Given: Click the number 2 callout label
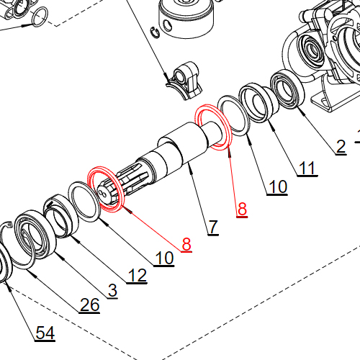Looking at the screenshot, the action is click(x=341, y=146).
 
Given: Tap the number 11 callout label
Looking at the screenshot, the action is click(x=307, y=168).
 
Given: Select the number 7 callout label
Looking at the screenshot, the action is click(x=213, y=227).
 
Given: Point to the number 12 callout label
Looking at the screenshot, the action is click(x=137, y=275).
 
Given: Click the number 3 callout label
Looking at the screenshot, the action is click(x=112, y=290).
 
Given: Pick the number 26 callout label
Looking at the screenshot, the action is click(x=89, y=305).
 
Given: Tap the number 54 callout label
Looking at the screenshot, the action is click(x=45, y=333).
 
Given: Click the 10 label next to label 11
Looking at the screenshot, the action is click(x=277, y=186).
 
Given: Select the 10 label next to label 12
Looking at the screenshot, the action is click(x=164, y=258).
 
